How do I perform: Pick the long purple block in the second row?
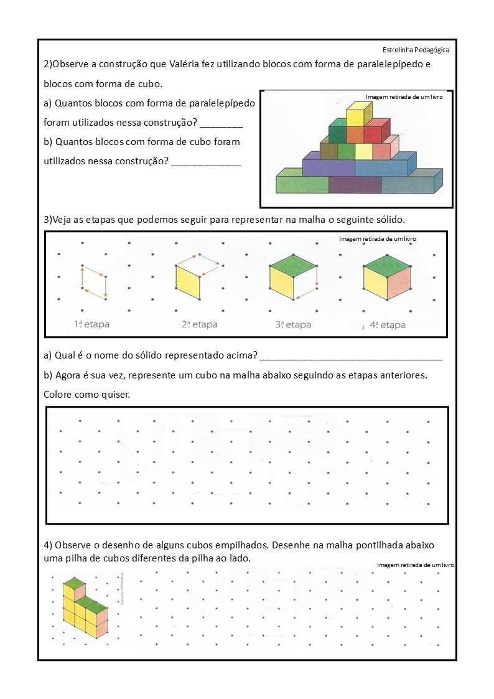(x=328, y=167)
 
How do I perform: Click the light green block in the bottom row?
(x=302, y=185)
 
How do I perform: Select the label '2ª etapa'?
(x=199, y=324)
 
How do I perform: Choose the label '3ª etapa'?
(x=293, y=324)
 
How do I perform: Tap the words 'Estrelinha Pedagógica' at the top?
(x=416, y=50)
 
